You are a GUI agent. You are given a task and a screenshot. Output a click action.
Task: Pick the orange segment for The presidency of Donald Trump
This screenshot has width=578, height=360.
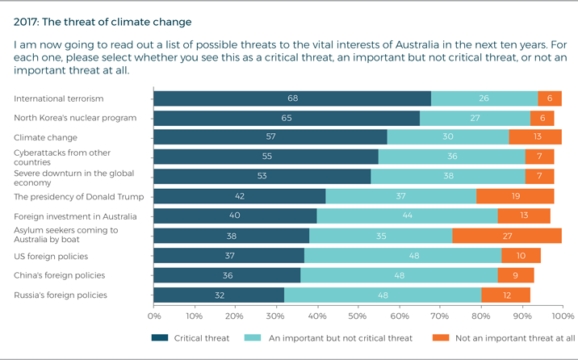click(x=515, y=196)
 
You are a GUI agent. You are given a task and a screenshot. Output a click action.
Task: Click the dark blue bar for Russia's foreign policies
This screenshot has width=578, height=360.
click(x=219, y=295)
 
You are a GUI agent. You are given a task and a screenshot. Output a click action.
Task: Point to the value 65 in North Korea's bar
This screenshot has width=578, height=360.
click(x=287, y=118)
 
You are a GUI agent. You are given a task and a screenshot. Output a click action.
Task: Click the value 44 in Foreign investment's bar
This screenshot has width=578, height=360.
click(x=407, y=216)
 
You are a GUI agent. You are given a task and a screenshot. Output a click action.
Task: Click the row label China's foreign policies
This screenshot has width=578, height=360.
click(x=60, y=275)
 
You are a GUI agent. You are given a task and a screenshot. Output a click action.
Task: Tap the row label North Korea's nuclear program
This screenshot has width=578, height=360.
click(x=75, y=118)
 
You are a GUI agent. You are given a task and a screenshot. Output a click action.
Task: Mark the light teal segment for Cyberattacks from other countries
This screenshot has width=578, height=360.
click(x=452, y=157)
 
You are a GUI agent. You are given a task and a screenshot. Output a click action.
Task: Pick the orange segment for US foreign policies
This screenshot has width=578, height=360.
click(x=521, y=255)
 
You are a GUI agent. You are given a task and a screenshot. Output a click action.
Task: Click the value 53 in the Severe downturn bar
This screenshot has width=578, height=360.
click(x=262, y=177)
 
